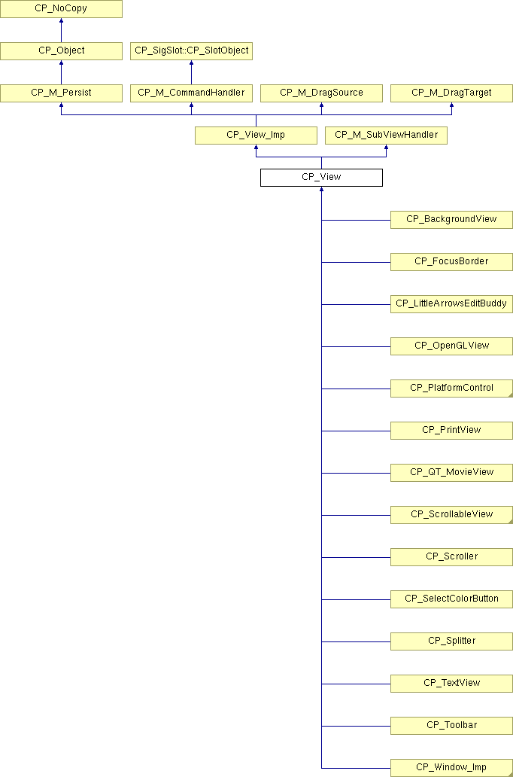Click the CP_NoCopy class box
pyautogui.click(x=61, y=9)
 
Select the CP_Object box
pyautogui.click(x=61, y=51)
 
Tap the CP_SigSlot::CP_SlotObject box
pyautogui.click(x=191, y=51)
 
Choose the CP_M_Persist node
pyautogui.click(x=61, y=93)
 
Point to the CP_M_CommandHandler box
pyautogui.click(x=191, y=93)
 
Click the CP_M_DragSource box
pyautogui.click(x=321, y=93)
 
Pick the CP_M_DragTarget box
pyautogui.click(x=451, y=93)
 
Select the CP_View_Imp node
pyautogui.click(x=256, y=136)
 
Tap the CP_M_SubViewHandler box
pyautogui.click(x=386, y=136)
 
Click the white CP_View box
pyautogui.click(x=321, y=178)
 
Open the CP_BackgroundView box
pyautogui.click(x=451, y=220)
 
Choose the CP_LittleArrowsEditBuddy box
pyautogui.click(x=451, y=303)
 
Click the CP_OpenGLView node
pyautogui.click(x=451, y=346)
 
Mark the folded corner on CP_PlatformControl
pyautogui.click(x=511, y=395)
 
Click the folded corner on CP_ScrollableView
pyautogui.click(x=511, y=521)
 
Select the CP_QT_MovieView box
pyautogui.click(x=451, y=472)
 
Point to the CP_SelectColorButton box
pyautogui.click(x=451, y=599)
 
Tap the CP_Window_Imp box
pyautogui.click(x=451, y=767)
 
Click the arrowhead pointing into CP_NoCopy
pyautogui.click(x=61, y=20)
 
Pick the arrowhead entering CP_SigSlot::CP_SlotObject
pyautogui.click(x=191, y=62)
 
